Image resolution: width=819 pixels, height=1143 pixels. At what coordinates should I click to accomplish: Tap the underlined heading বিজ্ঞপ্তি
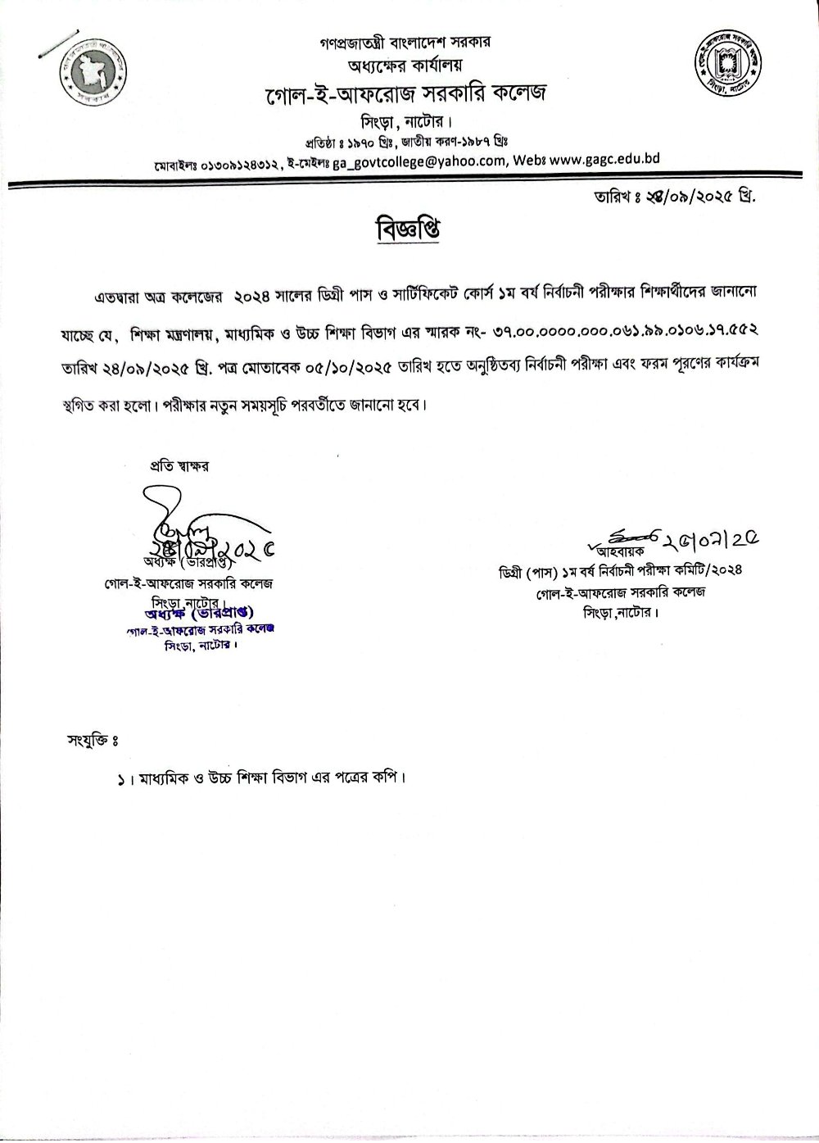[409, 230]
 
